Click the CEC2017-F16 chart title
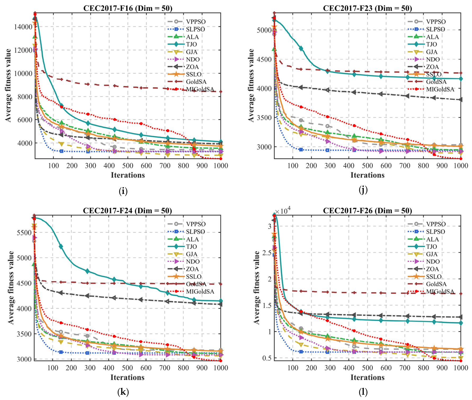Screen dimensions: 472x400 (x=128, y=8)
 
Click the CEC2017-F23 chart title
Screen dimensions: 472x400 (x=367, y=8)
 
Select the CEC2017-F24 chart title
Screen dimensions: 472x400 (x=127, y=211)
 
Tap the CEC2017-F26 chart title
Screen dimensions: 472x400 (x=367, y=211)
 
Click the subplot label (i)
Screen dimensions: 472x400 (x=123, y=191)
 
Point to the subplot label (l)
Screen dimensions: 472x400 (x=363, y=392)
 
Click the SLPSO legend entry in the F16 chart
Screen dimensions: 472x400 (x=186, y=29)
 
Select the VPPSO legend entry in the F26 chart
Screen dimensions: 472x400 (x=427, y=224)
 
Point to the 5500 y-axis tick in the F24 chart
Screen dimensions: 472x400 (x=24, y=233)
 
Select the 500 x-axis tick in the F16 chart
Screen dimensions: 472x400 (x=128, y=166)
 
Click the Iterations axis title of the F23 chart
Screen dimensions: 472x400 (x=367, y=175)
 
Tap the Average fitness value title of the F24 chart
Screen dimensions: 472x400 (x=11, y=288)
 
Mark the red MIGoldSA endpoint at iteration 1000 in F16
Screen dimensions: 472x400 (x=221, y=159)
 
